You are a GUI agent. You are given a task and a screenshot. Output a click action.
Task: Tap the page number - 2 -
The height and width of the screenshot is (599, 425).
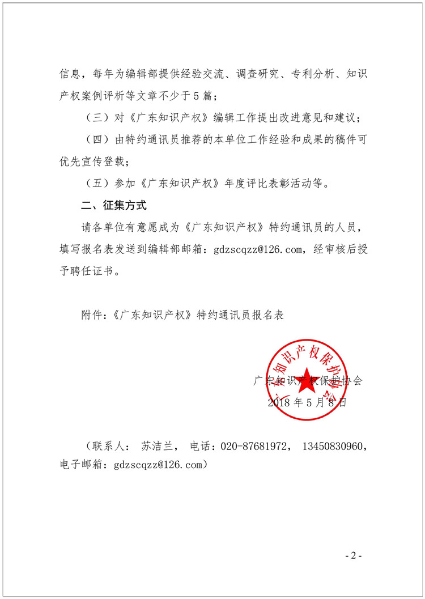(353, 555)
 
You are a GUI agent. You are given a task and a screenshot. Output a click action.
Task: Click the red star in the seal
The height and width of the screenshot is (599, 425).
(306, 384)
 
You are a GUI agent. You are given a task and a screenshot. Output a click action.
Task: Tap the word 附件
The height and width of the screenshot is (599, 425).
(92, 315)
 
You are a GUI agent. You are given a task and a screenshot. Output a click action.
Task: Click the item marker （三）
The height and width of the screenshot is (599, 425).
(95, 117)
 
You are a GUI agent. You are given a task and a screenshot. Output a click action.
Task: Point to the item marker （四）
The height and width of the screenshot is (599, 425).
(95, 139)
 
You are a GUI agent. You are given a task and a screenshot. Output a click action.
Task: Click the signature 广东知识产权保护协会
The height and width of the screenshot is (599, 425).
(308, 381)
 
